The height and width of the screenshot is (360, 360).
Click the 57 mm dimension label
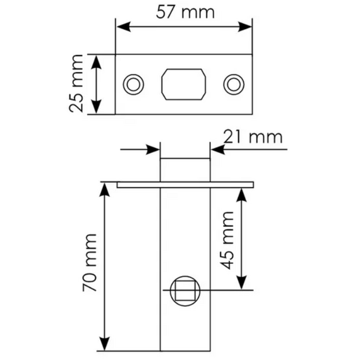point(185,13)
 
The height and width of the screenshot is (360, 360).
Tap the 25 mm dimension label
point(76,83)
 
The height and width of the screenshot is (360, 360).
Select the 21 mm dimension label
point(253,137)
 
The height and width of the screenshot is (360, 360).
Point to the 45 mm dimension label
point(227,241)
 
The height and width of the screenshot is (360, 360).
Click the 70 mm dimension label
point(90,263)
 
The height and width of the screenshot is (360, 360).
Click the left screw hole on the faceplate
point(133,84)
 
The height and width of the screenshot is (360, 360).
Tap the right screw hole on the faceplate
point(234,84)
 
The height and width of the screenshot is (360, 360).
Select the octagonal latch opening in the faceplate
point(184,84)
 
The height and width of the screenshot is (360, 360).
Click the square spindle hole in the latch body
point(185,291)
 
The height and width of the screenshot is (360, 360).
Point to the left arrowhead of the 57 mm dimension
point(124,27)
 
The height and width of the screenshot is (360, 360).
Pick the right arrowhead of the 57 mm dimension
point(245,27)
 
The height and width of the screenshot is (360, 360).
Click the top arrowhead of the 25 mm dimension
point(96,63)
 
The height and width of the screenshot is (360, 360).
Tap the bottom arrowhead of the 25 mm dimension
point(96,107)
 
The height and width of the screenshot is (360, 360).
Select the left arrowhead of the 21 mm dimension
point(153,150)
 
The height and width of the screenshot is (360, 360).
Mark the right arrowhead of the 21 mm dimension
point(218,150)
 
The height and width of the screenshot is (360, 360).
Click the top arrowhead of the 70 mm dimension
point(104,190)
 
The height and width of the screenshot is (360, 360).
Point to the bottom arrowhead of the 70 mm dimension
point(104,344)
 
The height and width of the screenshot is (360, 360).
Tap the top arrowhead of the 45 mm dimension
point(241,195)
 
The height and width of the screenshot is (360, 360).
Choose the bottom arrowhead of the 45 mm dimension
point(241,282)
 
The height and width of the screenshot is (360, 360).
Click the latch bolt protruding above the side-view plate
point(185,170)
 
